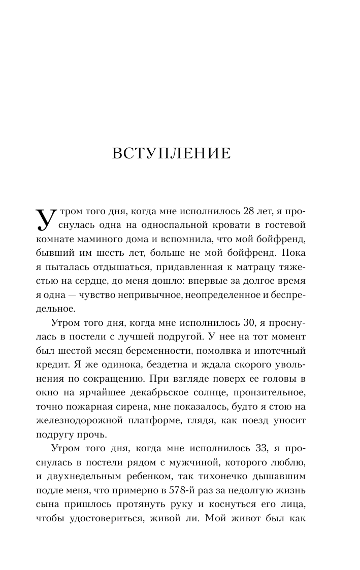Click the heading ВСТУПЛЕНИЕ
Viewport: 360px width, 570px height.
click(x=171, y=153)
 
